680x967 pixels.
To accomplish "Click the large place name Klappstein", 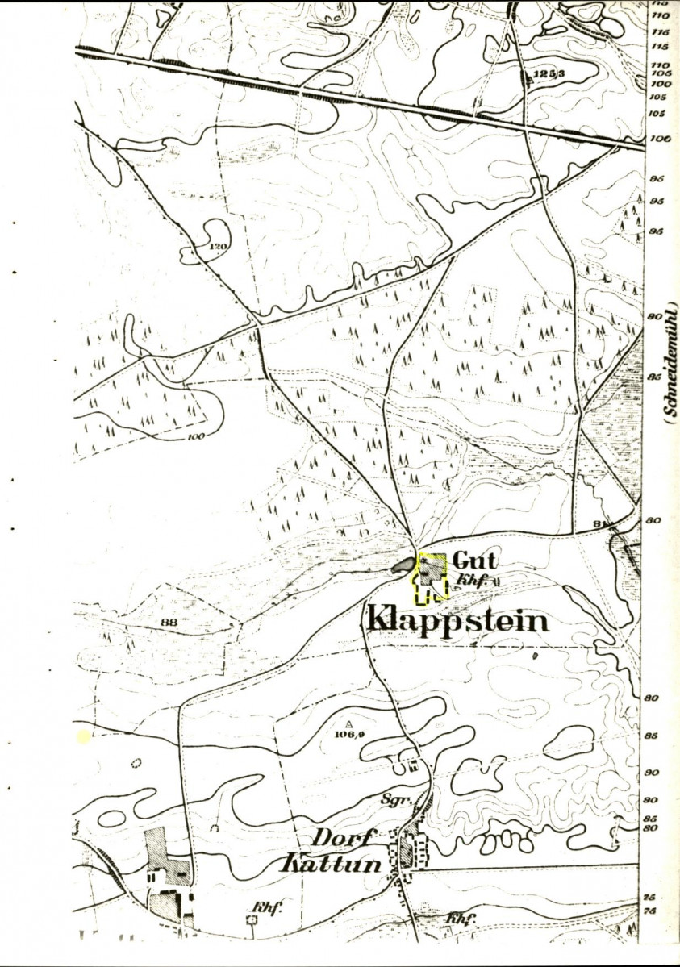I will pyautogui.click(x=457, y=619).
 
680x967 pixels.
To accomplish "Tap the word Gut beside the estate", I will pyautogui.click(x=475, y=560).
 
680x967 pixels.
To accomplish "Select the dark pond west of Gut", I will pyautogui.click(x=403, y=565).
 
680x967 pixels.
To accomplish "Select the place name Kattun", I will pyautogui.click(x=331, y=865).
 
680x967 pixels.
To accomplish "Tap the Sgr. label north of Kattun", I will pyautogui.click(x=400, y=800).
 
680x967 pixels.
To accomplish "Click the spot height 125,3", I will pyautogui.click(x=548, y=75).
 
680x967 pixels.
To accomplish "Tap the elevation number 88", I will pyautogui.click(x=169, y=622).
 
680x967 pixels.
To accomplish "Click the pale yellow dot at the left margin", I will pyautogui.click(x=83, y=736).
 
